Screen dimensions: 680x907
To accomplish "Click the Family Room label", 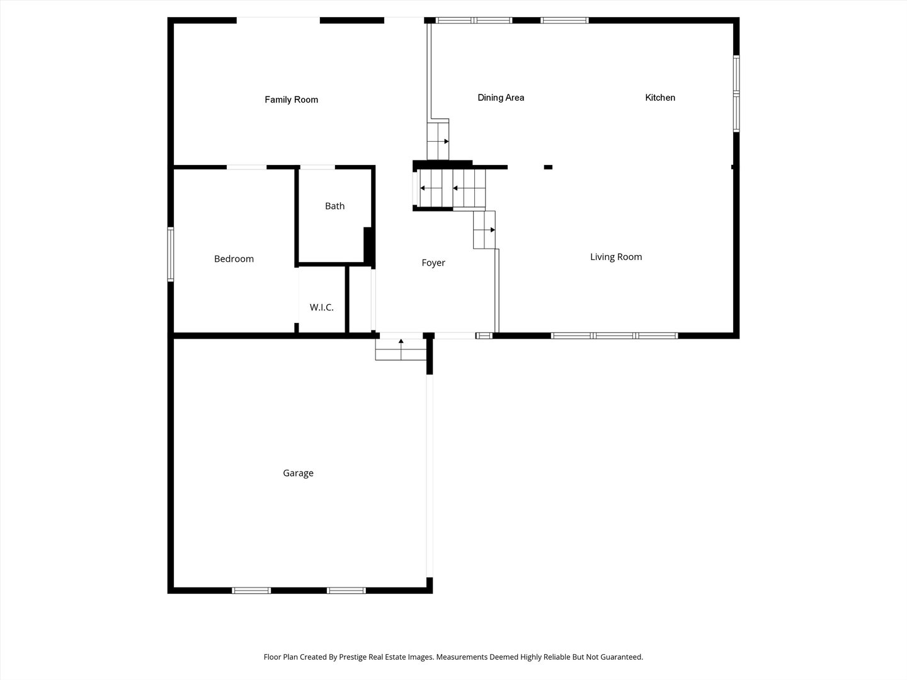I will [x=291, y=99].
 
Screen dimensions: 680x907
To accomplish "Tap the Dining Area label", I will [x=501, y=98].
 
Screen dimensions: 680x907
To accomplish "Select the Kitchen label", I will [x=660, y=98].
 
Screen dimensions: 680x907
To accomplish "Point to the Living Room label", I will [x=616, y=257].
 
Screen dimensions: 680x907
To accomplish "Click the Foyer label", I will [x=433, y=263].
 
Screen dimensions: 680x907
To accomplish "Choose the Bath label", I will [x=334, y=206].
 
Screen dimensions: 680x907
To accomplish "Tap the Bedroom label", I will [x=234, y=259].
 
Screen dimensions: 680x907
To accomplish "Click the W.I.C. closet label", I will [x=321, y=308].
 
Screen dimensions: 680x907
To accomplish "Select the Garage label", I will [x=298, y=473].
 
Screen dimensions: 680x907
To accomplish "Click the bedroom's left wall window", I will [x=171, y=254].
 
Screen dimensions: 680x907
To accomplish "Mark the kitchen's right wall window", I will [x=736, y=94].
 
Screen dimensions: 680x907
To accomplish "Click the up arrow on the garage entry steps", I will [x=401, y=342].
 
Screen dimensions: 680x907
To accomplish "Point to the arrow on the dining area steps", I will [x=446, y=141].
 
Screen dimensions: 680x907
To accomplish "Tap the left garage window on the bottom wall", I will [x=251, y=591].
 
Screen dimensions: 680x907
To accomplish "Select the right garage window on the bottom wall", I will [x=346, y=591].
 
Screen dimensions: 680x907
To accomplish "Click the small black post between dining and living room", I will [x=548, y=167].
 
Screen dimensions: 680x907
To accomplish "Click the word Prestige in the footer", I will [x=355, y=657].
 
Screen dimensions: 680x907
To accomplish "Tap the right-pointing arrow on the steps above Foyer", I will [x=492, y=230].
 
